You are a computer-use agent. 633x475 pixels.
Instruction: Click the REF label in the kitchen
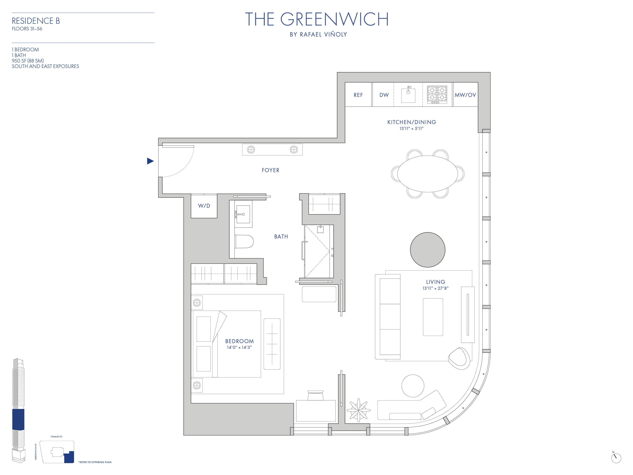point(358,95)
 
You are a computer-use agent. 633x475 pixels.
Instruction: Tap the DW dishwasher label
point(384,95)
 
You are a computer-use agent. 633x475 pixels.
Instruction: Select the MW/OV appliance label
point(465,95)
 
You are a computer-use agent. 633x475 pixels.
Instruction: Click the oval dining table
point(428,174)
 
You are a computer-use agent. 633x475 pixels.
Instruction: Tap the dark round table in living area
point(428,250)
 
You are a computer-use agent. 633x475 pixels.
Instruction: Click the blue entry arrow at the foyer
point(150,161)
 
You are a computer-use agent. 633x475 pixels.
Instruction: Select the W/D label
point(204,206)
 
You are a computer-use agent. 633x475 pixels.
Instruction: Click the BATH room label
point(281,237)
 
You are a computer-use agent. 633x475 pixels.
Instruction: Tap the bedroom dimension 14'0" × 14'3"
point(239,347)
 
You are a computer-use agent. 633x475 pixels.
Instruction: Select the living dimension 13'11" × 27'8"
point(435,288)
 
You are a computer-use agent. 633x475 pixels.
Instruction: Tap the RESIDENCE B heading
point(36,21)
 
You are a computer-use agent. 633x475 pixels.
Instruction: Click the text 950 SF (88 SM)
point(28,61)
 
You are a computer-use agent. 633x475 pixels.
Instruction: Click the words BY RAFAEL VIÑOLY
point(318,35)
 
